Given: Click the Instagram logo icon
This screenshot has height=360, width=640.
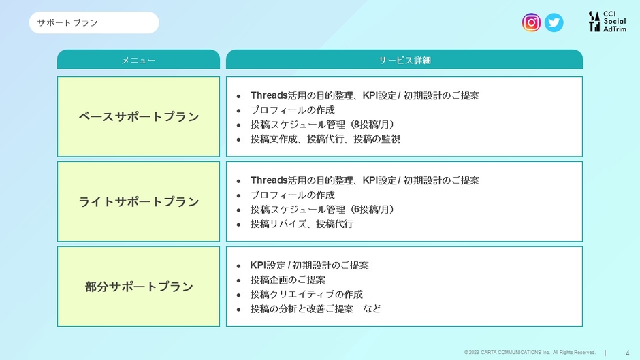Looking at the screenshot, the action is coord(531,22).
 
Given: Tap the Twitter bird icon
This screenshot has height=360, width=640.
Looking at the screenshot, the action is coord(554,22).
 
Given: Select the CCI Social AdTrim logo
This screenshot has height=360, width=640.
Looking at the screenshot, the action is coord(607,21).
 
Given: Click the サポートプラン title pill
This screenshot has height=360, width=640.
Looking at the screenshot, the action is coord(94,22).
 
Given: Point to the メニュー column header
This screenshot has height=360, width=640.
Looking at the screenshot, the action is coord(138,60).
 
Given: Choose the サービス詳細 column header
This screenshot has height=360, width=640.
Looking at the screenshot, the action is coord(404,60).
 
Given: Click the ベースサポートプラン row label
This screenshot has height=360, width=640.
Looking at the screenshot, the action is coord(138,116).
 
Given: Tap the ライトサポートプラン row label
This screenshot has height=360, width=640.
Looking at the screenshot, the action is coord(138,201).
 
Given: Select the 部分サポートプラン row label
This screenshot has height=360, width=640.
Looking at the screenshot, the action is coord(138,287).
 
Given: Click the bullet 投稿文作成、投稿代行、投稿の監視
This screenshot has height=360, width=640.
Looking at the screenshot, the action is coord(325,140).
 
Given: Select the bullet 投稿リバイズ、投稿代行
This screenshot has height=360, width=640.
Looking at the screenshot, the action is coord(302,224).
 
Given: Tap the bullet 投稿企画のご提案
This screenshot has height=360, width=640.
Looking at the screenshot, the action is coord(288,280).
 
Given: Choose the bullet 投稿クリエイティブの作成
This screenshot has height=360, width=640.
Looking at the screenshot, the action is coord(306,294).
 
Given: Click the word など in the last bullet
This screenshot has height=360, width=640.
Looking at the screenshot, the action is coord(372,308).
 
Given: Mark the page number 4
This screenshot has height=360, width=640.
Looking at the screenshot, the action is coord(627,353).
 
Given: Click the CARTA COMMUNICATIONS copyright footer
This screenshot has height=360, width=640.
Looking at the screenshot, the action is coord(530,353).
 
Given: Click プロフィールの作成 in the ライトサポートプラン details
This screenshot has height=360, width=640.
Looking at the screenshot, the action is coord(292,195).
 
